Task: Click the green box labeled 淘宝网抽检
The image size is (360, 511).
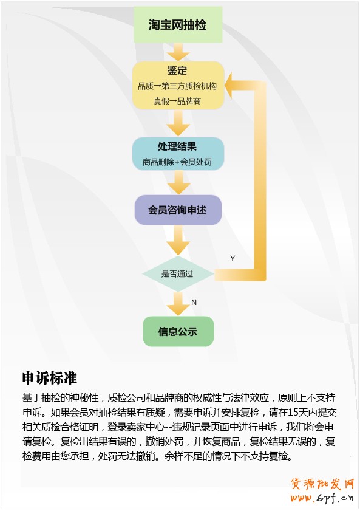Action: [x=178, y=24]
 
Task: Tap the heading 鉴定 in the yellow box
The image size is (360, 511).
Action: [x=177, y=70]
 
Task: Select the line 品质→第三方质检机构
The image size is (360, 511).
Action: [x=177, y=86]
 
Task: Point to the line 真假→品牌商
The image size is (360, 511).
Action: [x=177, y=101]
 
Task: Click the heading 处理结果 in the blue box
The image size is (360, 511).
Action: [x=177, y=146]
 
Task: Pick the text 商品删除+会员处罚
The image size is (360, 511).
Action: [x=177, y=162]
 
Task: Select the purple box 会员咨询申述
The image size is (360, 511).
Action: [x=178, y=210]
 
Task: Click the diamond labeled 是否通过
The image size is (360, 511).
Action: [x=178, y=274]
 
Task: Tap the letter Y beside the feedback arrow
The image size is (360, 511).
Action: [x=233, y=258]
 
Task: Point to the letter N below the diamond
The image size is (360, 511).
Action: [x=194, y=303]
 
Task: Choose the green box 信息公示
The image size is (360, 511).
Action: [x=178, y=331]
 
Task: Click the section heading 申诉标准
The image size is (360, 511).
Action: [x=49, y=378]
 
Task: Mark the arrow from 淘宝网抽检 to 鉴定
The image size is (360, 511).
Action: [x=178, y=52]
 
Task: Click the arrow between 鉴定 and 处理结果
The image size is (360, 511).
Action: [x=178, y=123]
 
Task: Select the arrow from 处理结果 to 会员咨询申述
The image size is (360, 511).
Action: [x=178, y=182]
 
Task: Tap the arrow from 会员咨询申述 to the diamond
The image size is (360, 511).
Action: [x=178, y=240]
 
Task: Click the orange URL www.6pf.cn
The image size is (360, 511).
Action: [x=322, y=498]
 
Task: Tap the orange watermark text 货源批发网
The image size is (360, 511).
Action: [x=322, y=484]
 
